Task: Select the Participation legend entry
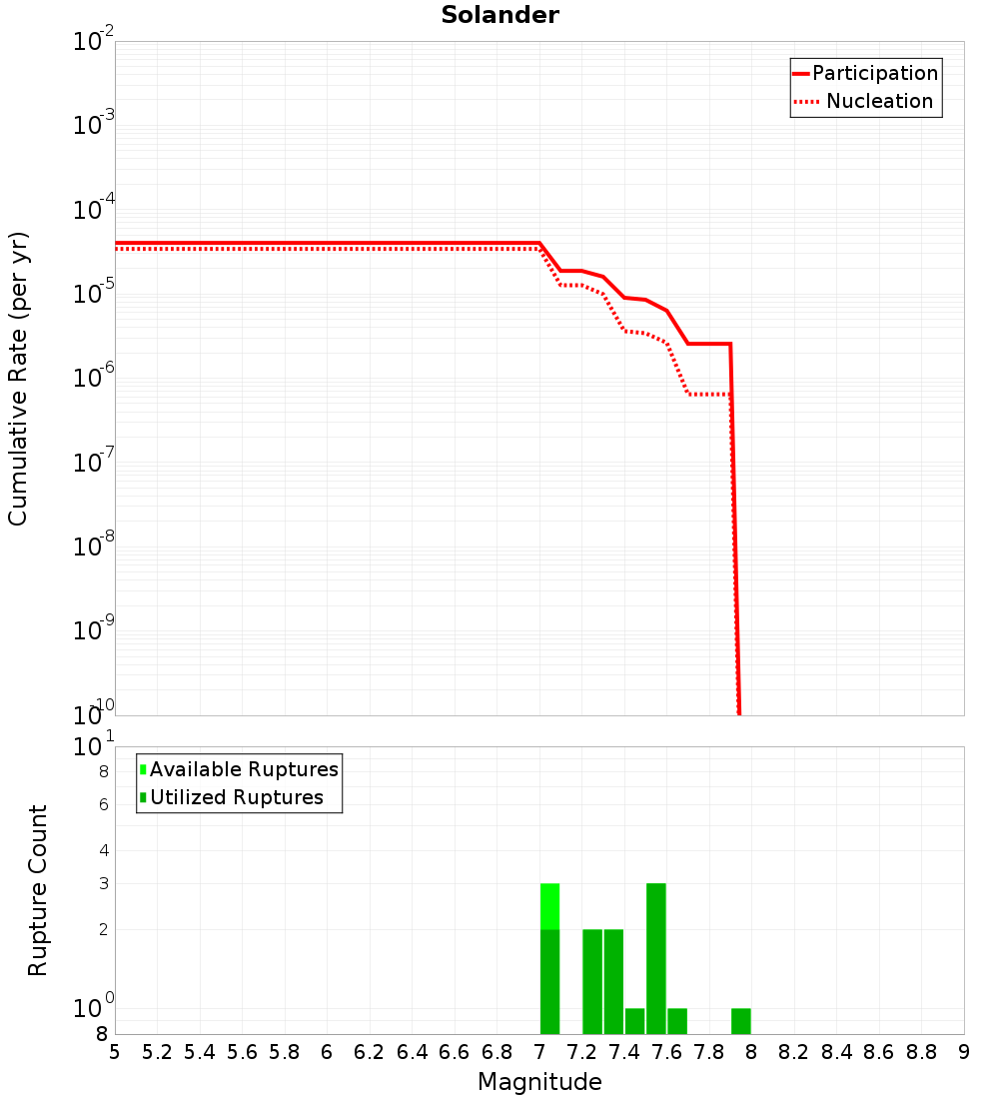coord(875,73)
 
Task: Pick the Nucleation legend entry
coord(879,101)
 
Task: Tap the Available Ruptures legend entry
coord(244,769)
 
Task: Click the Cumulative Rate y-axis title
coord(18,379)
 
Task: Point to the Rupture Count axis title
coord(38,890)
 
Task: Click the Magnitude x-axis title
coord(539,1082)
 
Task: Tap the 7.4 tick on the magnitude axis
coord(624,1052)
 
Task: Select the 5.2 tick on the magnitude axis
coord(157,1052)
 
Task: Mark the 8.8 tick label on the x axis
coord(921,1052)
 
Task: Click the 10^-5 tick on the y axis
coord(94,295)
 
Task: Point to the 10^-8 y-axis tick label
coord(94,548)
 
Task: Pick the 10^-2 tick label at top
coord(94,42)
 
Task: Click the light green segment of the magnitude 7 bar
coord(549,905)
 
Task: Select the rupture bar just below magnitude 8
coord(740,1021)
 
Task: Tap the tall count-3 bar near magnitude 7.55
coord(655,957)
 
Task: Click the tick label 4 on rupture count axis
coord(103,850)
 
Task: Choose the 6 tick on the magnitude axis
coord(327,1052)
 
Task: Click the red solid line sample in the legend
coord(800,73)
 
